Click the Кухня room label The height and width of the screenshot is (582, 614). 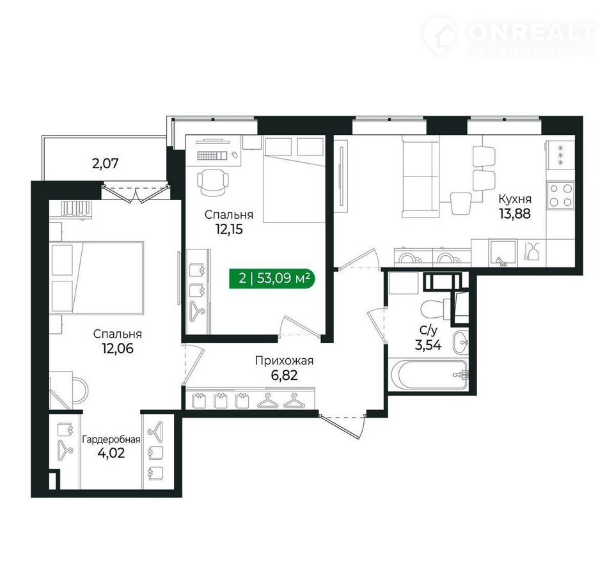(514, 200)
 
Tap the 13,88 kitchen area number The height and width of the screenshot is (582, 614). (514, 214)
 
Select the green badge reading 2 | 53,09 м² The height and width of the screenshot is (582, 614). (272, 278)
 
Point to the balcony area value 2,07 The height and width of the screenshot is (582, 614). (105, 163)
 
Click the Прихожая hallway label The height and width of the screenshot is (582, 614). (284, 360)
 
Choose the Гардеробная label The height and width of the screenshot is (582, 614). (111, 439)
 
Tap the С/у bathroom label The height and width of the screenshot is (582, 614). (428, 331)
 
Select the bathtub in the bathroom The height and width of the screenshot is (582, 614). (428, 375)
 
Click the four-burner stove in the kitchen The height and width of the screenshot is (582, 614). (560, 195)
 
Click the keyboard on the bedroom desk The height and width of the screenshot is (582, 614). (212, 155)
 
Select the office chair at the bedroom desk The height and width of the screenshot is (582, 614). (212, 181)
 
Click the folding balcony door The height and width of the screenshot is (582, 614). (135, 193)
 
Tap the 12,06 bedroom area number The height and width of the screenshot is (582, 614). (118, 348)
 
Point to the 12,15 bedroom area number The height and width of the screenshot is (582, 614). (229, 229)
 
